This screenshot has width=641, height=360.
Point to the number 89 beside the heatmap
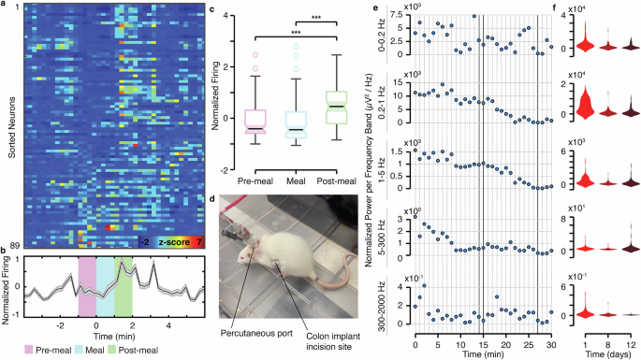click(14, 242)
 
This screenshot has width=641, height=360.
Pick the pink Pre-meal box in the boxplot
click(254, 122)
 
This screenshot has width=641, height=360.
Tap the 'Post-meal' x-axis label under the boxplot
click(336, 180)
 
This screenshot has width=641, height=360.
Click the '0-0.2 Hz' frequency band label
click(381, 40)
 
